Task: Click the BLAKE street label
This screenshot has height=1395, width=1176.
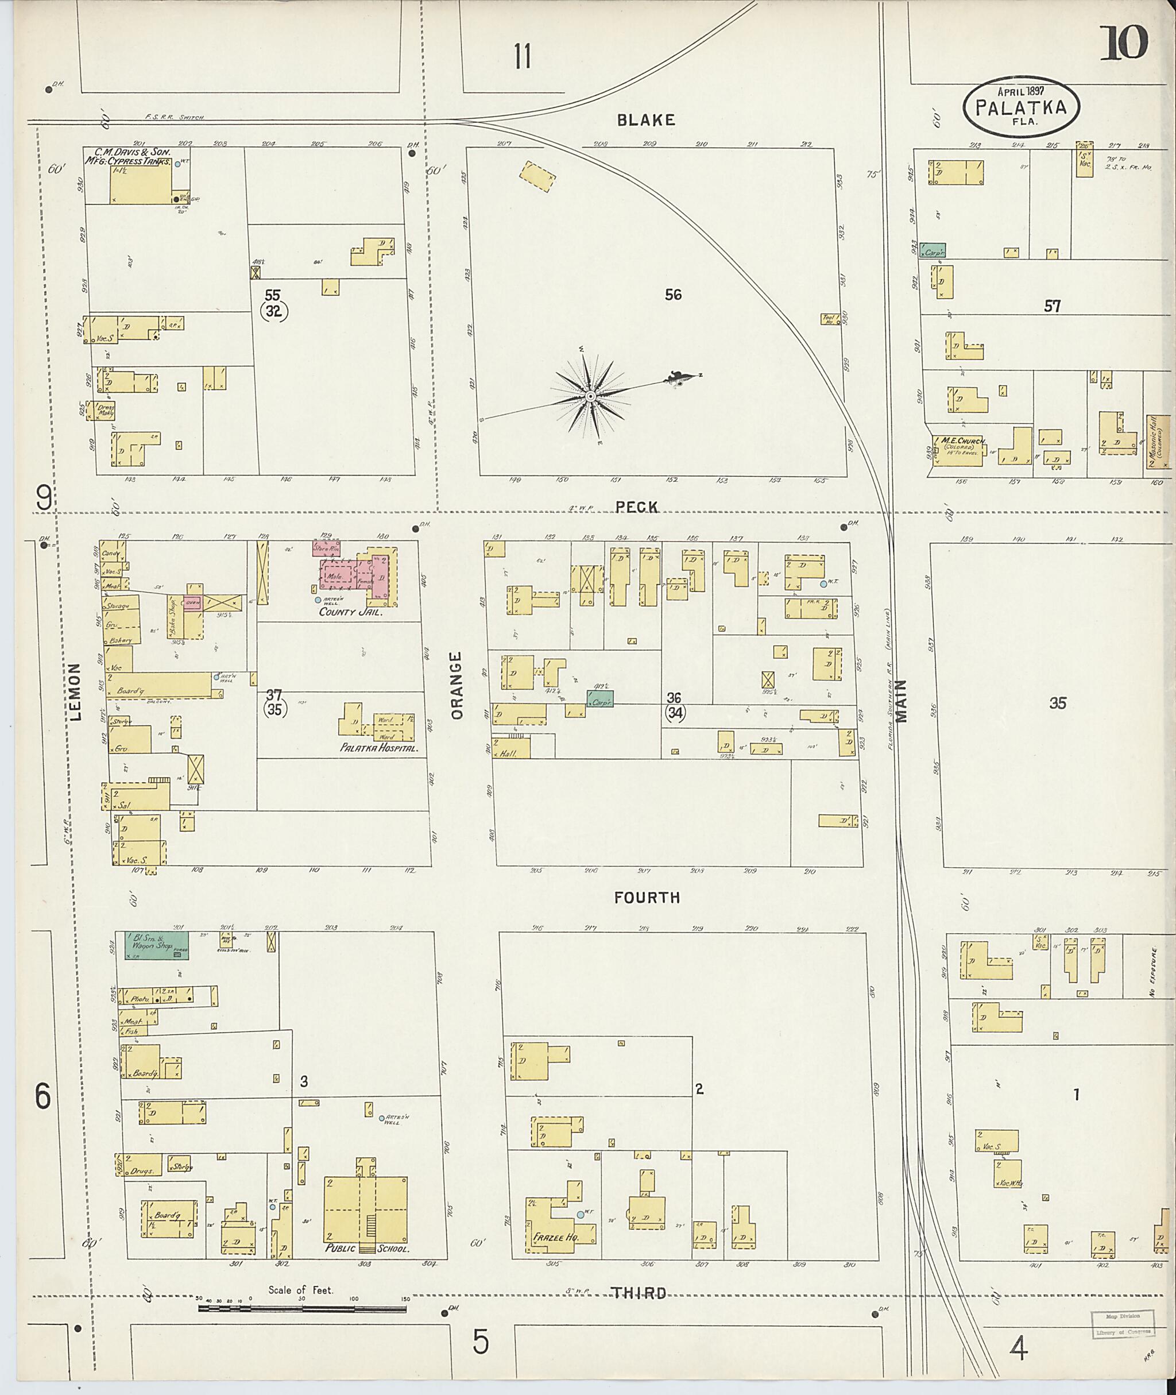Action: click(x=645, y=120)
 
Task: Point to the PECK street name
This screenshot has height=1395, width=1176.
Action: click(x=637, y=508)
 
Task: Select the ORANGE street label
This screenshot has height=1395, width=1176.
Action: click(x=457, y=686)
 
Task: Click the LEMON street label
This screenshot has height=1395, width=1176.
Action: click(x=75, y=691)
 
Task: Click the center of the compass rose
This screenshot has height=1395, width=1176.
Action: click(x=590, y=397)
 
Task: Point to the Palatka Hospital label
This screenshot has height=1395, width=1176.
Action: click(x=378, y=748)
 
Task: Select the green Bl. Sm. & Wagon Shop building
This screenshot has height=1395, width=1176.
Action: click(x=156, y=945)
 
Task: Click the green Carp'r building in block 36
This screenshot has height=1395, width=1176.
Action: click(x=599, y=699)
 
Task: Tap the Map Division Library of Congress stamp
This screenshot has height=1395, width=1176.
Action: click(x=1123, y=1324)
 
